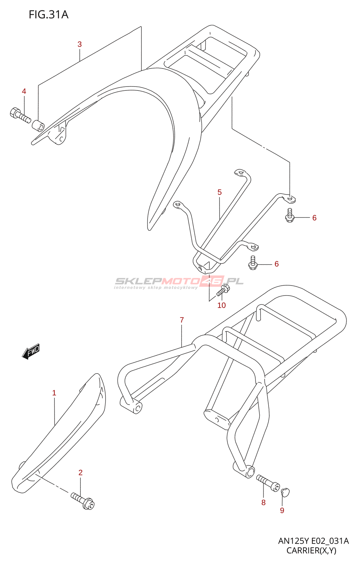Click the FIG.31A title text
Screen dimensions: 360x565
[x=48, y=15]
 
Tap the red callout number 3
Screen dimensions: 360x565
[x=80, y=44]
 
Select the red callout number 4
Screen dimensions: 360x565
[x=24, y=91]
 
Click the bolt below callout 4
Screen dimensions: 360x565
[x=20, y=115]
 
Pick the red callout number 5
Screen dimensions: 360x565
[x=220, y=192]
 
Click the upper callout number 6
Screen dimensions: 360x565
[x=314, y=218]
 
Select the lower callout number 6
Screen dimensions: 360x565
[x=277, y=264]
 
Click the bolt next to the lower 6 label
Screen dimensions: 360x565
[x=253, y=263]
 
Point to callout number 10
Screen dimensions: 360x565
[x=222, y=305]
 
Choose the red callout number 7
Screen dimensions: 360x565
[x=182, y=320]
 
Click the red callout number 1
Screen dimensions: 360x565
[x=54, y=393]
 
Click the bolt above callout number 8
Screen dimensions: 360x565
[x=268, y=483]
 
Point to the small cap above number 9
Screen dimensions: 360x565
[x=285, y=493]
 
